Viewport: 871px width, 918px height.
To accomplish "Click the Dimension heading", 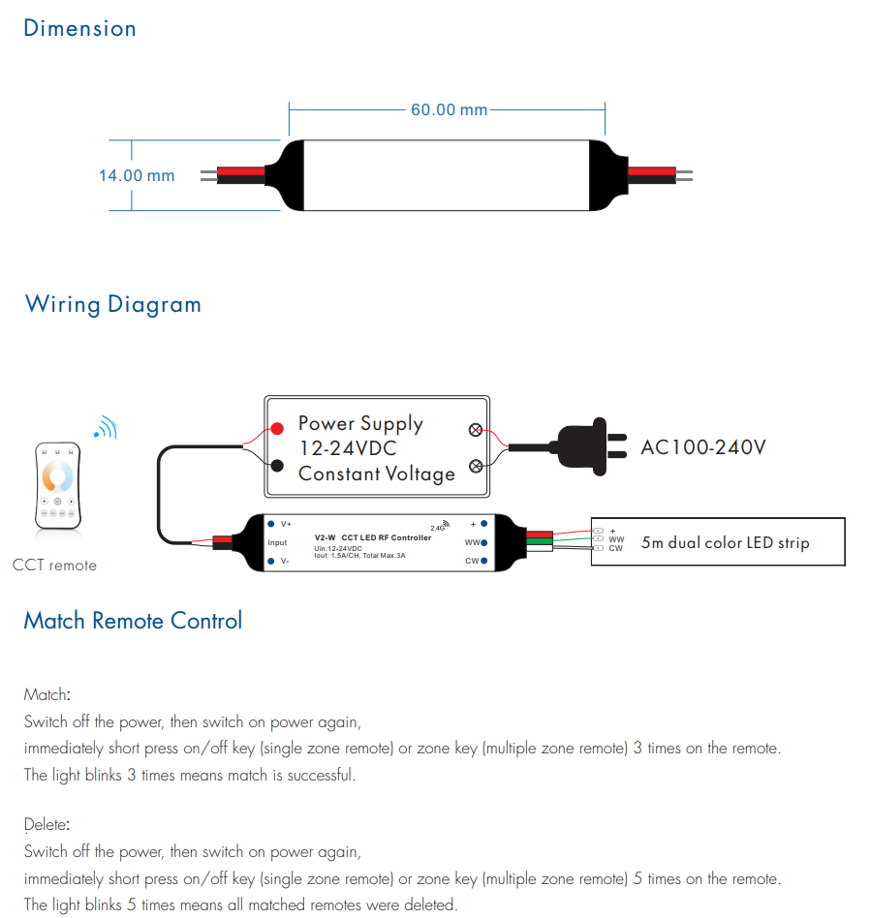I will (79, 28).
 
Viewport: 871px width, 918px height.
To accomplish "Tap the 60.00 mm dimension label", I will (449, 109).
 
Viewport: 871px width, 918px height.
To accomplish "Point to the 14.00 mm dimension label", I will (137, 175).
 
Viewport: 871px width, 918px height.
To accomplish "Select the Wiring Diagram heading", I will (113, 304).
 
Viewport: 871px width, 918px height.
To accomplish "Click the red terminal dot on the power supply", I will (277, 427).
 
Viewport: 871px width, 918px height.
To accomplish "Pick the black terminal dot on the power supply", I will (277, 466).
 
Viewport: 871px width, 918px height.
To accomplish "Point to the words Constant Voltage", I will (377, 474).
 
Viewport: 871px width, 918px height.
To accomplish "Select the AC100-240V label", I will (703, 447).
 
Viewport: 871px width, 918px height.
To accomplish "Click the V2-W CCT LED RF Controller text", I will (373, 537).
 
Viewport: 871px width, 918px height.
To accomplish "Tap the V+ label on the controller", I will (286, 523).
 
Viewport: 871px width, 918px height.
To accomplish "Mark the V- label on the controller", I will (285, 561).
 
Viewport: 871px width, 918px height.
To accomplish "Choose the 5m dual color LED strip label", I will (725, 543).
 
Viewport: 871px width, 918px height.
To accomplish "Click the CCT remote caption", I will (54, 566).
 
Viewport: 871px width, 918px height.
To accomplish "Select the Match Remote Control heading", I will (133, 621).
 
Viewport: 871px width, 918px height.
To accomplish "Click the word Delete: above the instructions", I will (47, 825).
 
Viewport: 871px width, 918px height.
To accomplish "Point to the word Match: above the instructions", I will (47, 694).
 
